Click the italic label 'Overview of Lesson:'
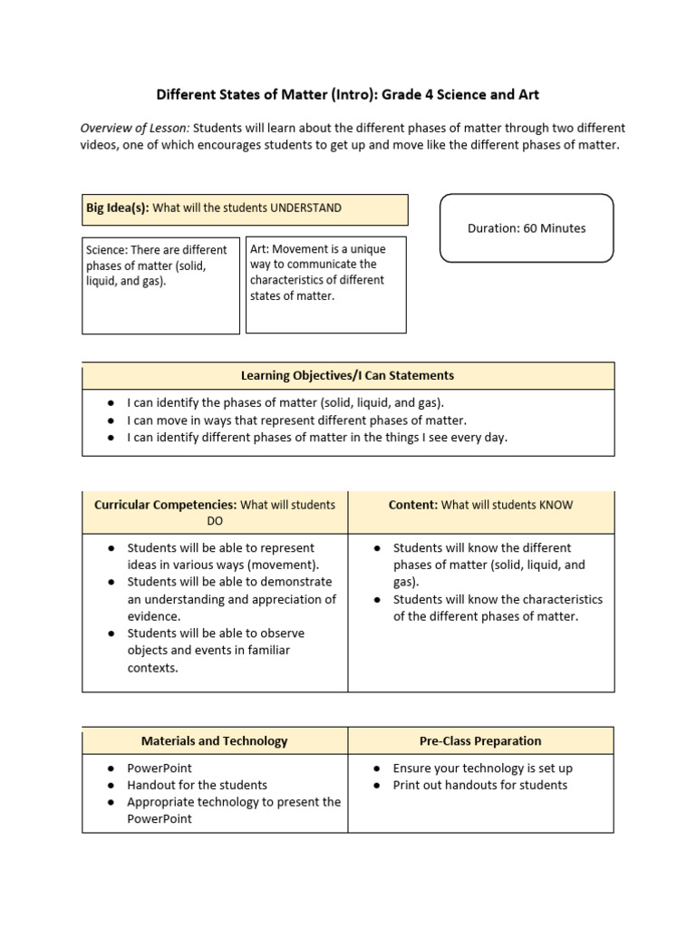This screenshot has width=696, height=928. pyautogui.click(x=135, y=128)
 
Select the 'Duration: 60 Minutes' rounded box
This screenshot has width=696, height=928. pyautogui.click(x=527, y=228)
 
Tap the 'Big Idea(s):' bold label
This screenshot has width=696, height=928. pyautogui.click(x=118, y=208)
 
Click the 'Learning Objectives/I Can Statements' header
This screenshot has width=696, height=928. pyautogui.click(x=347, y=375)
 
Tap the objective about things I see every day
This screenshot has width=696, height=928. pyautogui.click(x=317, y=437)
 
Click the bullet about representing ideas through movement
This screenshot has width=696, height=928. pyautogui.click(x=221, y=556)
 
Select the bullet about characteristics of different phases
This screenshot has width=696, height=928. pyautogui.click(x=497, y=607)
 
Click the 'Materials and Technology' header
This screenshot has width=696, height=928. pyautogui.click(x=214, y=740)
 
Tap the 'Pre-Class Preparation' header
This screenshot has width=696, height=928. pyautogui.click(x=480, y=740)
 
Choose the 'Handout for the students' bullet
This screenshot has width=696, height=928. pyautogui.click(x=197, y=785)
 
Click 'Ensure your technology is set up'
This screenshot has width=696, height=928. pyautogui.click(x=482, y=768)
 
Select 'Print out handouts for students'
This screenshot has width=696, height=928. pyautogui.click(x=479, y=785)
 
